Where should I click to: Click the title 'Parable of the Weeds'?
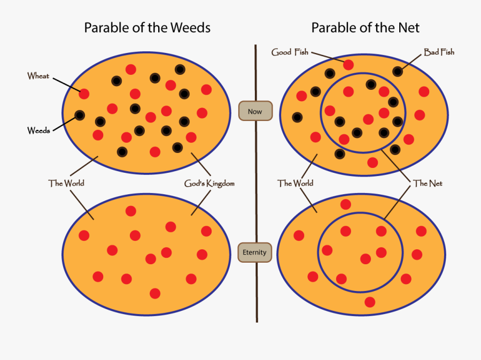[x=147, y=27]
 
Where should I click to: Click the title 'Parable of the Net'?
[x=366, y=27]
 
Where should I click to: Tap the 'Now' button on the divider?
[x=255, y=112]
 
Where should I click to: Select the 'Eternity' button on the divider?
[x=255, y=252]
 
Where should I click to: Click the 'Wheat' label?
[x=38, y=76]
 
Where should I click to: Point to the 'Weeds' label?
[x=38, y=130]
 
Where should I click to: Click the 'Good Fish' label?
[x=290, y=52]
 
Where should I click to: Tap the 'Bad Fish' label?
[x=439, y=52]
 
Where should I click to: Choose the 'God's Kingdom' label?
[x=210, y=183]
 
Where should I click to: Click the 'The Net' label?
[x=428, y=183]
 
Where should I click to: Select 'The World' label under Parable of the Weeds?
[x=66, y=183]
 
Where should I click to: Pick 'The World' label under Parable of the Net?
[x=295, y=183]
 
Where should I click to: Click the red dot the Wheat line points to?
[x=84, y=94]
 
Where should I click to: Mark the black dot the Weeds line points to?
[x=80, y=114]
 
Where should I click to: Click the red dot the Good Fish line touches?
[x=348, y=65]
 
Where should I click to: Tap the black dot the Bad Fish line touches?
[x=398, y=71]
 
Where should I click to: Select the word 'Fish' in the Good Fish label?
[x=300, y=52]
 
